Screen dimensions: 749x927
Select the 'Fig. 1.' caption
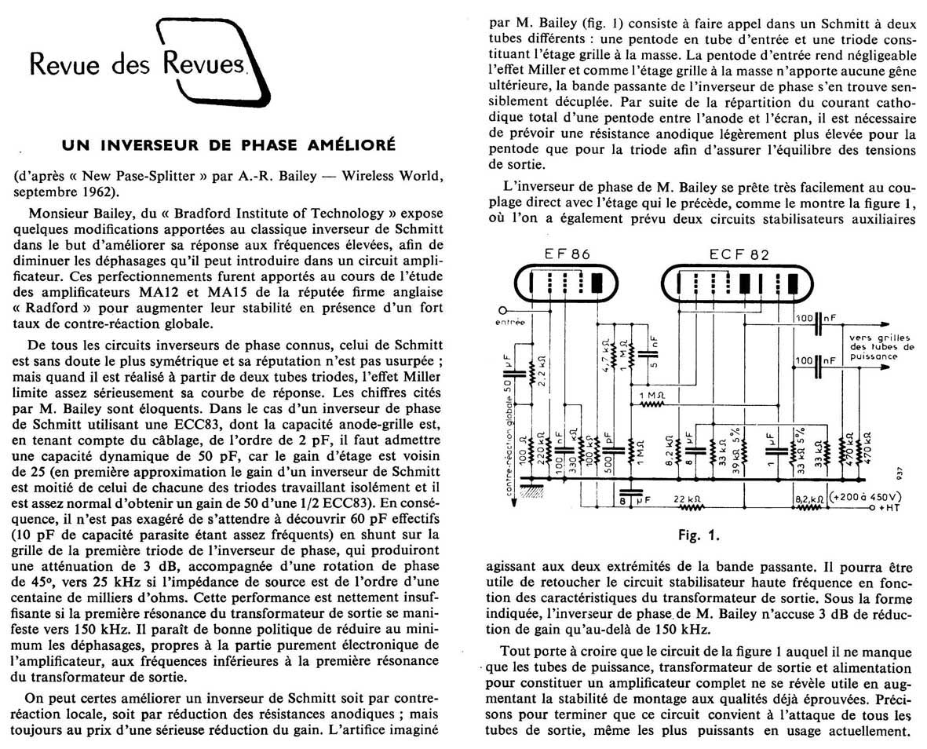pyautogui.click(x=701, y=537)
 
